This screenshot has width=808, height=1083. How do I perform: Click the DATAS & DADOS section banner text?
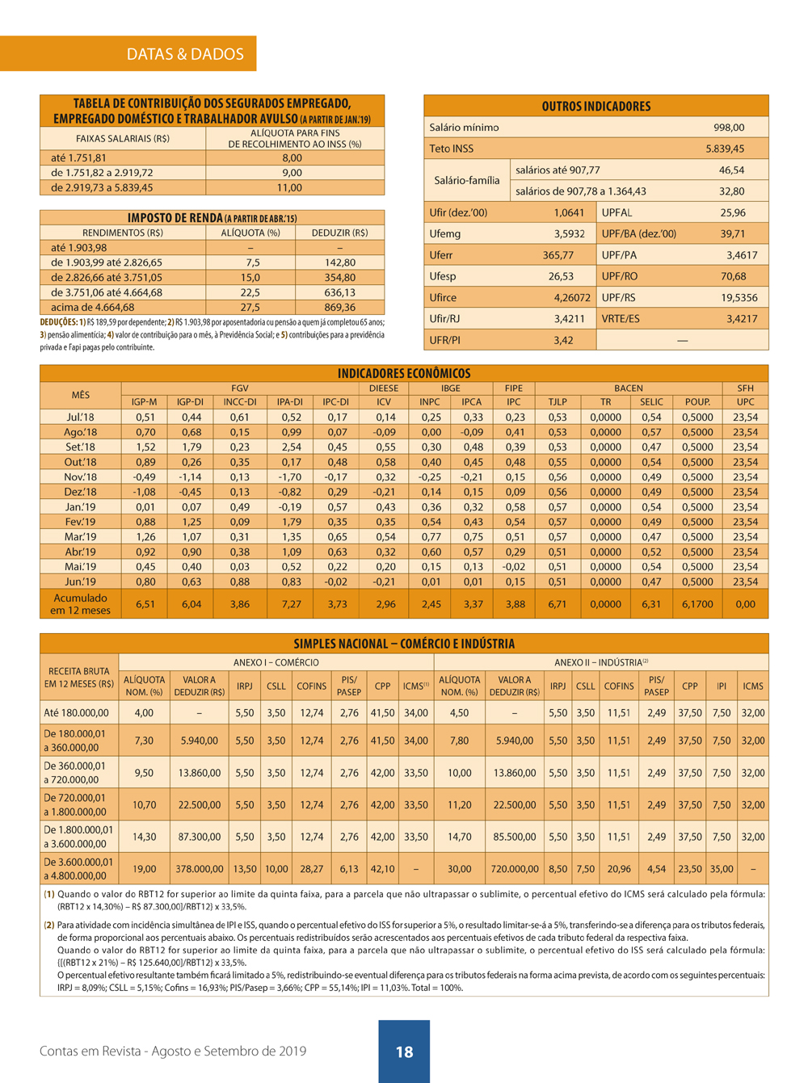[185, 54]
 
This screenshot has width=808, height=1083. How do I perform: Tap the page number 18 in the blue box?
[404, 1052]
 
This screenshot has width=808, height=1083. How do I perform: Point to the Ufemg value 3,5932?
[569, 234]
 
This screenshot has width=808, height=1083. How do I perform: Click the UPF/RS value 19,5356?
[739, 298]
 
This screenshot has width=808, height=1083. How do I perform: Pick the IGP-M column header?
[144, 402]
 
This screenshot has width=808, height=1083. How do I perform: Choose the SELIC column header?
[651, 402]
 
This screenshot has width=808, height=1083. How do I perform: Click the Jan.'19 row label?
[80, 507]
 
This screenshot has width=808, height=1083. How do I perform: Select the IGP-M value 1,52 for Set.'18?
[145, 447]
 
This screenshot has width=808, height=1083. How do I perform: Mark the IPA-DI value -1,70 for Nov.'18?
[289, 477]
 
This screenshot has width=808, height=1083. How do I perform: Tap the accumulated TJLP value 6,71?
[557, 604]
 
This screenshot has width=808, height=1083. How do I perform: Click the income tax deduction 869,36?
[339, 308]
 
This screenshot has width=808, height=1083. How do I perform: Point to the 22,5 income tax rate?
[250, 293]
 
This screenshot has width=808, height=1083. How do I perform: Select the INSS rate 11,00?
[289, 188]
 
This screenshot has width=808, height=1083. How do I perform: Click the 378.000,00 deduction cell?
[200, 869]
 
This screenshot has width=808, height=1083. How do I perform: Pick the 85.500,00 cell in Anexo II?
[515, 837]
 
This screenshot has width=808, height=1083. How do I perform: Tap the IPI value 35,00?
[721, 869]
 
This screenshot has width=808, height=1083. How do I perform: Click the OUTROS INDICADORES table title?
[595, 107]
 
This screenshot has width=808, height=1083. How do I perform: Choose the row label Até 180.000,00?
[76, 713]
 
